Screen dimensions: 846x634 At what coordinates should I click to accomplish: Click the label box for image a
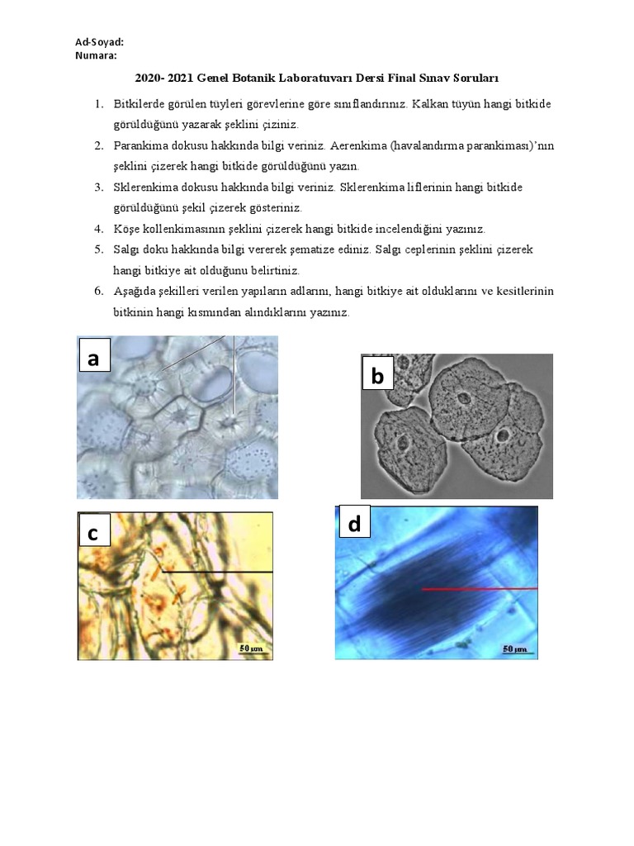(x=93, y=359)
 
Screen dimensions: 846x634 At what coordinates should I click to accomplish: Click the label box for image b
(x=377, y=377)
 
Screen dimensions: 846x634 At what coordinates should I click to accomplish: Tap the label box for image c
(x=93, y=535)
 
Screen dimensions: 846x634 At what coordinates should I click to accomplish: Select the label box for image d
(x=353, y=525)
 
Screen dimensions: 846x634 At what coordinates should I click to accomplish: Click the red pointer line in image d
(x=479, y=589)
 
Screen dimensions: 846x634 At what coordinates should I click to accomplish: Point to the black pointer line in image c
(x=216, y=571)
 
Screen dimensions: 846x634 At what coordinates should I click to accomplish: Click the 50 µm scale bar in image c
(x=252, y=649)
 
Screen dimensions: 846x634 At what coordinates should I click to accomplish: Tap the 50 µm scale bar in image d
(x=515, y=649)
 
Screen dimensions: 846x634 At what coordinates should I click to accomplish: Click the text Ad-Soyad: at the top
(x=100, y=43)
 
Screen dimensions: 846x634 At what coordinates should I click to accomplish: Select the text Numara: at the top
(x=96, y=55)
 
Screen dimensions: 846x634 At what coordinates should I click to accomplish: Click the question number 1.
(x=97, y=104)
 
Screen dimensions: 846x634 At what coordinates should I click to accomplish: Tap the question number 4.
(x=97, y=228)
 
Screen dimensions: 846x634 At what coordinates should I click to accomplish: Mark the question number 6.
(x=97, y=291)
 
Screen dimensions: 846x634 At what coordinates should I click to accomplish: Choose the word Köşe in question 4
(x=126, y=228)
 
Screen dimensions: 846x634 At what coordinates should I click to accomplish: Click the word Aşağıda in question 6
(x=135, y=291)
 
